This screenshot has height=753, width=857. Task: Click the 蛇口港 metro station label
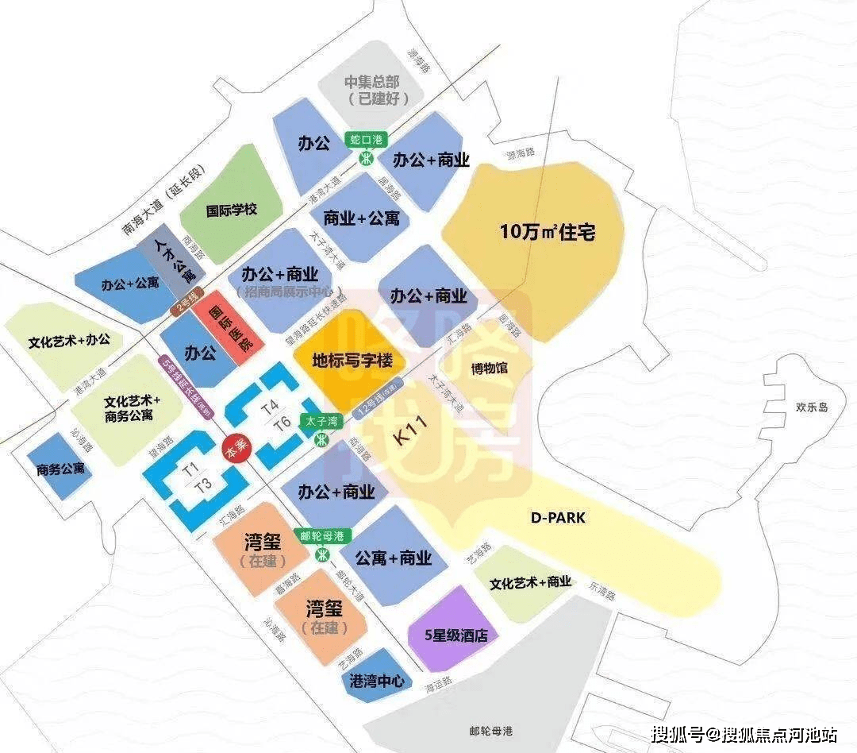click(367, 140)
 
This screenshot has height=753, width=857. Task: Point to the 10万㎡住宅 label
click(548, 233)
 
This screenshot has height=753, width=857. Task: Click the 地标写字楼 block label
click(353, 361)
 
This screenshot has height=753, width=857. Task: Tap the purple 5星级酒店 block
click(451, 635)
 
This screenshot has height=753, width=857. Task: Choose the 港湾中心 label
click(377, 682)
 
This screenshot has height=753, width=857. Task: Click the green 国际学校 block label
click(232, 210)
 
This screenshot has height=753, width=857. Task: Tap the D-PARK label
click(557, 517)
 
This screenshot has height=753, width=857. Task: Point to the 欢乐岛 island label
click(812, 407)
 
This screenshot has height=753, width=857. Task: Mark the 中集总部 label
click(377, 90)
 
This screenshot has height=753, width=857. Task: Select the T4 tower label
click(270, 407)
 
